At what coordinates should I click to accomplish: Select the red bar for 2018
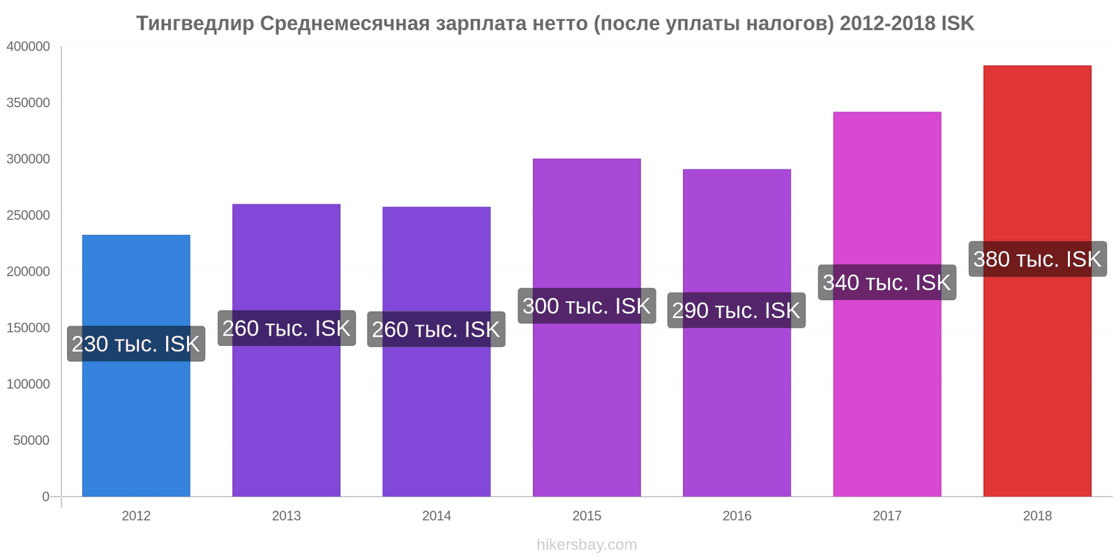[1037, 384]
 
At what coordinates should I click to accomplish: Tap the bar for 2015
[587, 405]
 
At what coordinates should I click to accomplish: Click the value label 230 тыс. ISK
[136, 344]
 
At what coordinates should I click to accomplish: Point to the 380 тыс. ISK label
[1037, 259]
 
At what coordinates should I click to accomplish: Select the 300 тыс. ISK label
[587, 306]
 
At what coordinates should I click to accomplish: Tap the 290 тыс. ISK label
[736, 310]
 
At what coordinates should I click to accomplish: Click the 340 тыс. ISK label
[887, 282]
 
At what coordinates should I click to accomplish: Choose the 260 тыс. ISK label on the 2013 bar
[286, 328]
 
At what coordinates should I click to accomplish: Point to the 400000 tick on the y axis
[29, 47]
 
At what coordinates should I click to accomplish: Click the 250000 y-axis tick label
[29, 216]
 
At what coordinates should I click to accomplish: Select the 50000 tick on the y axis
[31, 440]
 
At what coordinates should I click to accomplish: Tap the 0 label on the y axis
[45, 497]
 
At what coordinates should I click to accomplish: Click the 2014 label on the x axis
[437, 516]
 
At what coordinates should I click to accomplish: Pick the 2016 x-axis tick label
[737, 516]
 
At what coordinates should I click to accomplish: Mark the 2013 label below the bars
[286, 516]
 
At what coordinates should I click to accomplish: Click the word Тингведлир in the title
[195, 24]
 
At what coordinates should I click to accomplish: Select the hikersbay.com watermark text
[587, 545]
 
